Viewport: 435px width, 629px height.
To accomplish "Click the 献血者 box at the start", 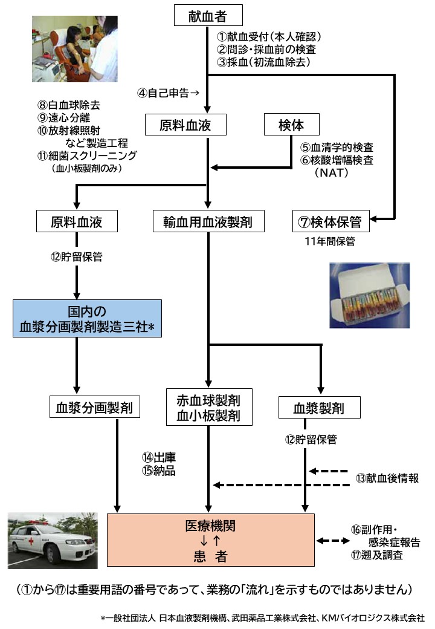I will [x=207, y=15].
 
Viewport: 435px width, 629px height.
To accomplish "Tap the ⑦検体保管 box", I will [x=330, y=222].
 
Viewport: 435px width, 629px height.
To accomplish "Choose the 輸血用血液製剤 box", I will [x=207, y=222].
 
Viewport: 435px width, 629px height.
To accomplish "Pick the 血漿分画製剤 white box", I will [x=95, y=407].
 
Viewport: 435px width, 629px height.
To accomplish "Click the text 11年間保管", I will [x=330, y=242].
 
